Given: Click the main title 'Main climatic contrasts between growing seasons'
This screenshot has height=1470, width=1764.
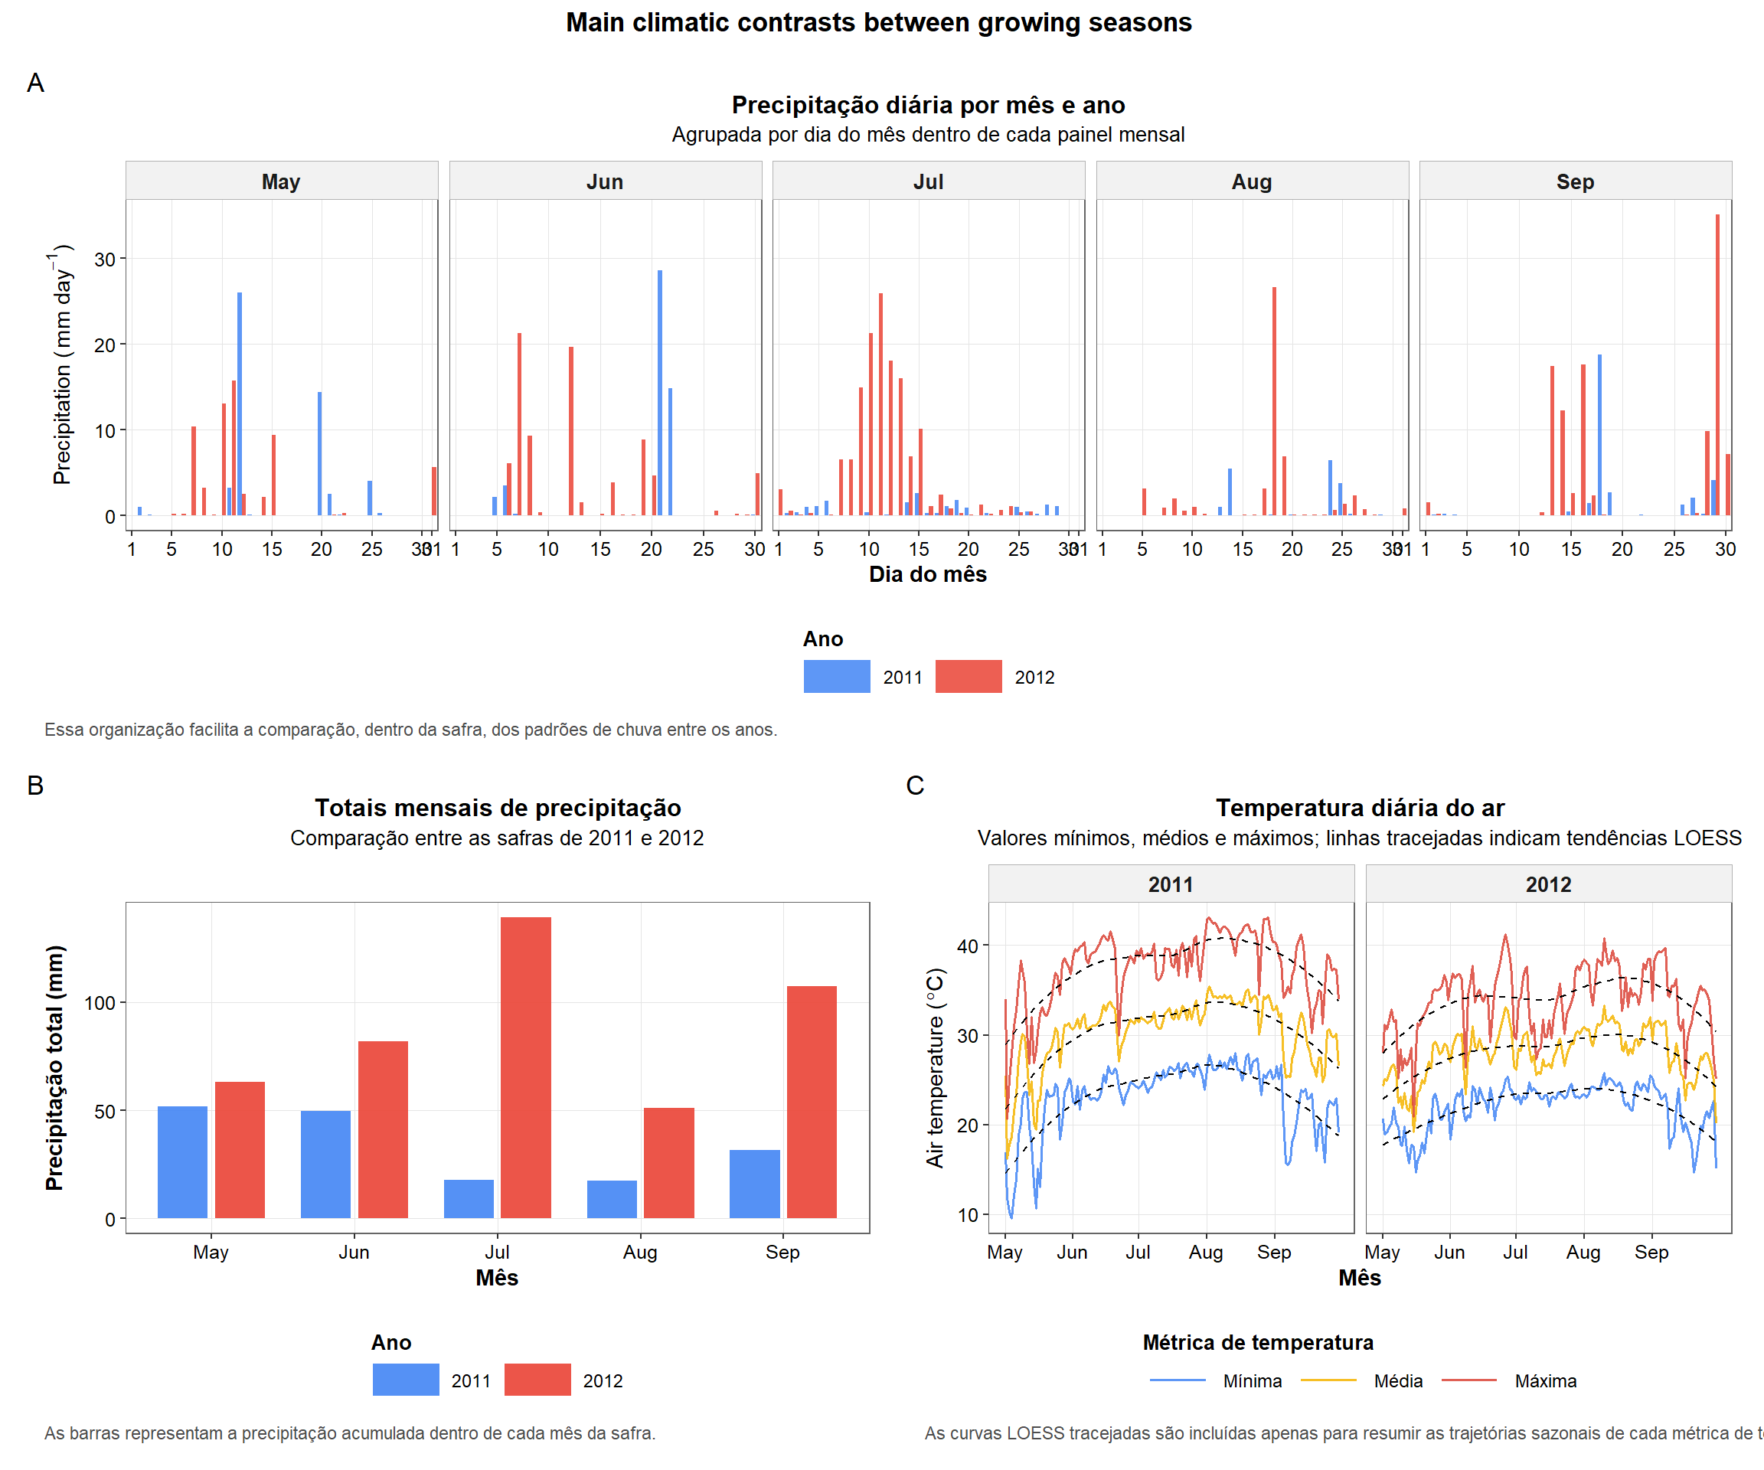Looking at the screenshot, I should click(x=879, y=23).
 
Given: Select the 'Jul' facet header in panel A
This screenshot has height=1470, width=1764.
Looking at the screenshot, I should click(x=928, y=181).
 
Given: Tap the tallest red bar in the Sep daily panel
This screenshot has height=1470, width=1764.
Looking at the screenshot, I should click(x=1717, y=365).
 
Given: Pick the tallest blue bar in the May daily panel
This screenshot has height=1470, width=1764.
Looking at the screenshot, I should click(x=240, y=403).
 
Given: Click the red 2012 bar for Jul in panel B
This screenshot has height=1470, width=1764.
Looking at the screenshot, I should click(x=526, y=1067).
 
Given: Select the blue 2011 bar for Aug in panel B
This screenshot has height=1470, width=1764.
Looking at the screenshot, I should click(x=612, y=1199).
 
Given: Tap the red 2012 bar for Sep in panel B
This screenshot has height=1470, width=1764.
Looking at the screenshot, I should click(x=812, y=1101).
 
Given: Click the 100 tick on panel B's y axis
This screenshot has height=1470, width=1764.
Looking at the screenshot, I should click(x=99, y=1003).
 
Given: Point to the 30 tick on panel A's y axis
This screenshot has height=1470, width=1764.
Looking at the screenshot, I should click(x=104, y=260).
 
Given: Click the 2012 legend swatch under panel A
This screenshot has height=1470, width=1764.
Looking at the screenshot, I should click(x=968, y=676).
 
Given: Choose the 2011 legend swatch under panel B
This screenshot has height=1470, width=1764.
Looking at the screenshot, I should click(x=406, y=1380).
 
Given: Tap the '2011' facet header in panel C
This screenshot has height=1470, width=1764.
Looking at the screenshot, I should click(x=1170, y=884).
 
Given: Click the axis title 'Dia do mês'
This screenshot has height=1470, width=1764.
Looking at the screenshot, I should click(x=927, y=574).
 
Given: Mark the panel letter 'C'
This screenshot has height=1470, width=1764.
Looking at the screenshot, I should click(x=915, y=786).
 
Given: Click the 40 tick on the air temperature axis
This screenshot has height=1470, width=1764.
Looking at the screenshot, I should click(x=967, y=946).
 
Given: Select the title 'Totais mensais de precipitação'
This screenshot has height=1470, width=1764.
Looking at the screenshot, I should click(x=498, y=808).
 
